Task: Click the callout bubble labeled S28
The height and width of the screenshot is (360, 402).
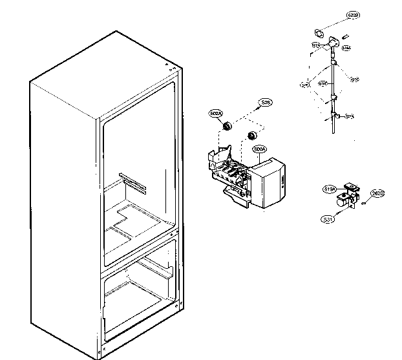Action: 266,102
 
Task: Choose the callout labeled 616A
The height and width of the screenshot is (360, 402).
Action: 346,48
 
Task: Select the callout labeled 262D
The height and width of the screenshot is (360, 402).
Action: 377,195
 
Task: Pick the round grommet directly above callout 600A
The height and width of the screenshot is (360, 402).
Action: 252,136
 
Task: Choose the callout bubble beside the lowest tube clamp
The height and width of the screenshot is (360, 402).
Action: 350,116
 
